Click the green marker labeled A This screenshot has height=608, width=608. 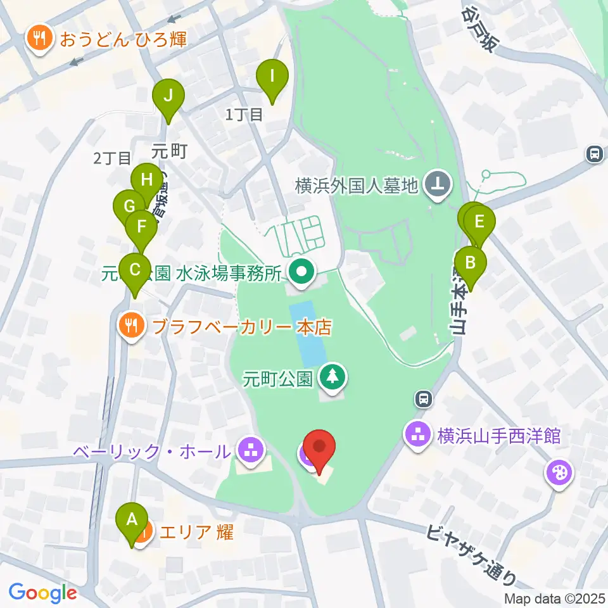(132, 521)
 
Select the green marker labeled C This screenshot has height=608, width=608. (135, 270)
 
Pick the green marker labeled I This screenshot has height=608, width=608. (272, 77)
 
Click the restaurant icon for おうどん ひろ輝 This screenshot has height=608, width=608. (40, 39)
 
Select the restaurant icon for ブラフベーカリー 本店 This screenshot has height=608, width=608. (132, 326)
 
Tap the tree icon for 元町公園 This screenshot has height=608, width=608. (332, 378)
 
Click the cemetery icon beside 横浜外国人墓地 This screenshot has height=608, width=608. (436, 186)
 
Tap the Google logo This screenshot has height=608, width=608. (42, 593)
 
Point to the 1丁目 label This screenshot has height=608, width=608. (244, 114)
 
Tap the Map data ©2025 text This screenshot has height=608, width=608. (555, 598)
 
